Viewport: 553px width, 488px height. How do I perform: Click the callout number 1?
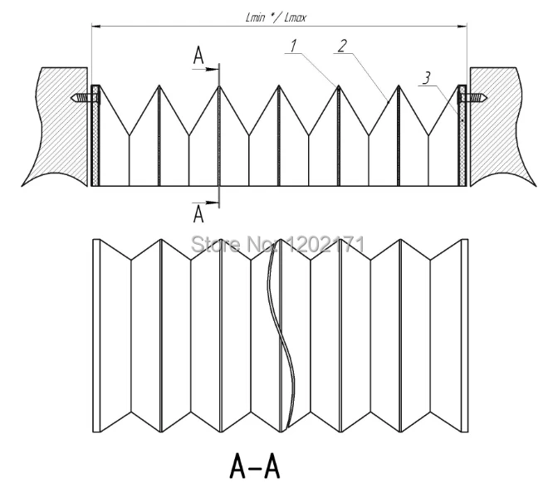(293, 46)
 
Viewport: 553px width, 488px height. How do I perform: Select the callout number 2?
(342, 46)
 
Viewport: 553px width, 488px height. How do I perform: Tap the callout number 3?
(427, 78)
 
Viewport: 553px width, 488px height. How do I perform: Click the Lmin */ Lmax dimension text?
(276, 17)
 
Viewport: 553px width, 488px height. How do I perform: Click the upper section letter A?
(198, 56)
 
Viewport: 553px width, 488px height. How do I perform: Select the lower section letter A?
(198, 214)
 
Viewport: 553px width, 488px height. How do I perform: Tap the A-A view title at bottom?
(255, 465)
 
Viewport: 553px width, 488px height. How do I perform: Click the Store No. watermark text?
(277, 244)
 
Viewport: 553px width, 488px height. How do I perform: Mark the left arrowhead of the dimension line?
(96, 26)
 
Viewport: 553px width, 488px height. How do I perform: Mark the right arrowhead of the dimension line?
(462, 26)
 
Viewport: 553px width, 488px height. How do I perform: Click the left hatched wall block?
(56, 127)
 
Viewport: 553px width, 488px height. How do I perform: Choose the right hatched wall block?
(502, 126)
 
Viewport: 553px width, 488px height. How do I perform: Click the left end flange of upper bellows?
(95, 135)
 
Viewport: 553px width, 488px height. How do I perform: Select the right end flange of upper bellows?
(462, 135)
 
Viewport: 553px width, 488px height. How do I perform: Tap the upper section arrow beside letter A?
(206, 69)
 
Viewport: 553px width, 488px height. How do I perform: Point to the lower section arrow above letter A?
(206, 203)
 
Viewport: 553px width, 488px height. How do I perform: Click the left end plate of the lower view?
(96, 335)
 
